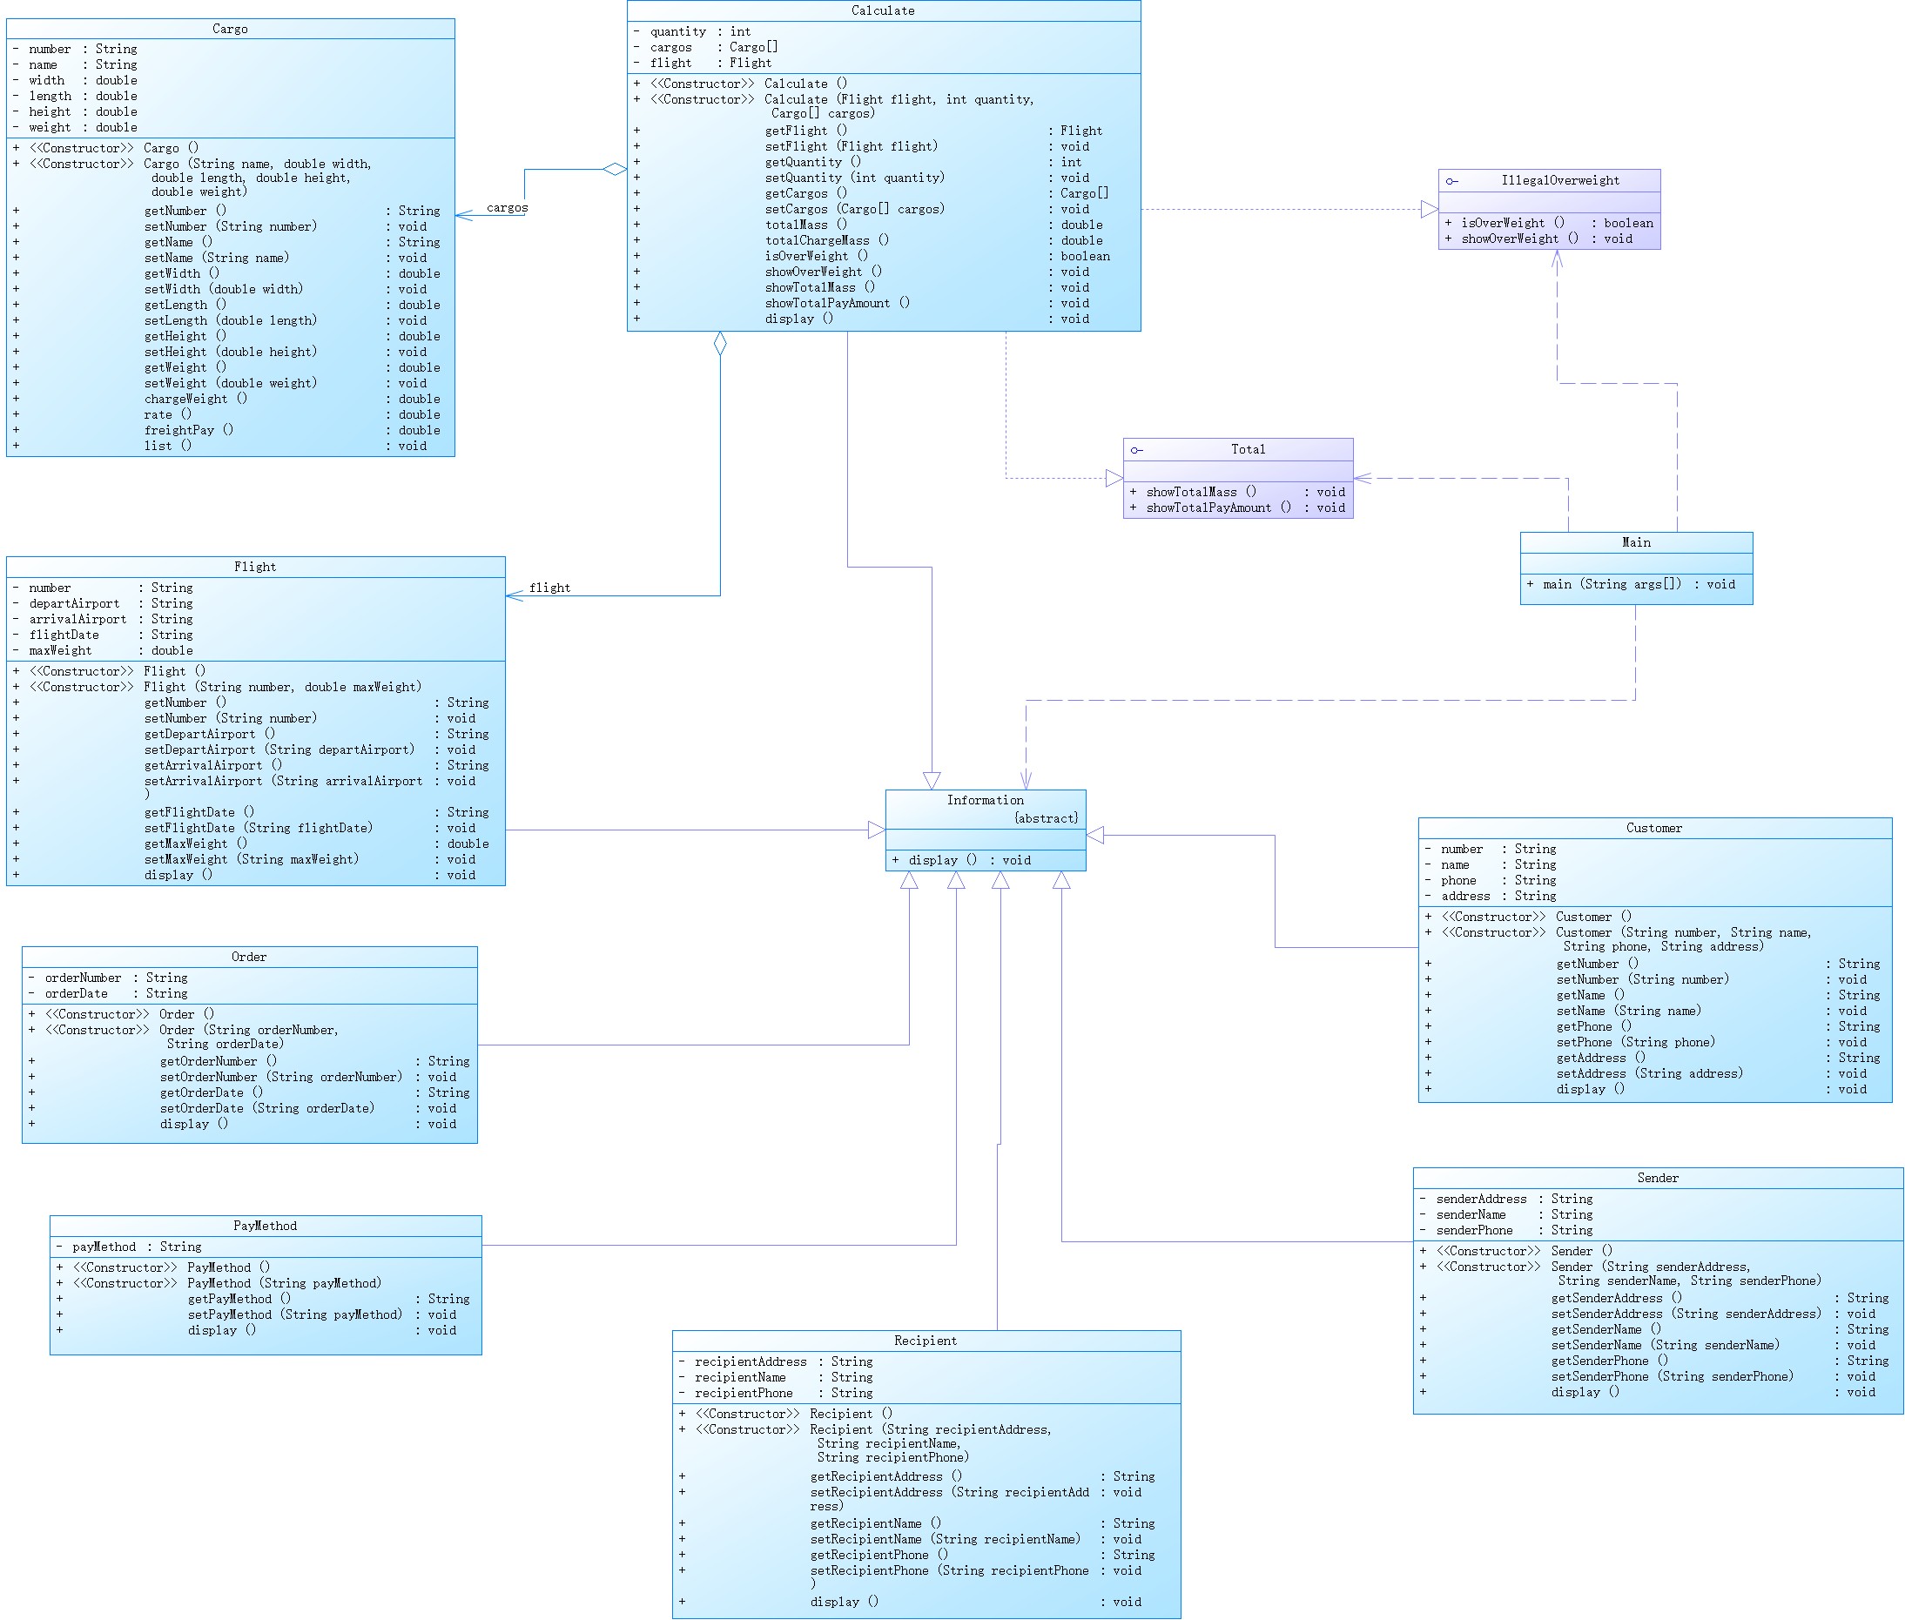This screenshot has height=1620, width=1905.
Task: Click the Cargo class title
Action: tap(230, 30)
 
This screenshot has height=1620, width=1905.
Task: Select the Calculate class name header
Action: tap(882, 11)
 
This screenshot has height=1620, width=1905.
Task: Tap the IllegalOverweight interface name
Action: tap(1559, 181)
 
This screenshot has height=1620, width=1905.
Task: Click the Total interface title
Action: tap(1248, 450)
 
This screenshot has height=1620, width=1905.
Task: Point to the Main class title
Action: tap(1635, 542)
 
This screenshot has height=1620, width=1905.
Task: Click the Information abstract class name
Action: tap(985, 801)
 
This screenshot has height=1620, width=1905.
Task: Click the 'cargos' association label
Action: tap(507, 208)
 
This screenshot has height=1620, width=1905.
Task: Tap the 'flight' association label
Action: tap(549, 588)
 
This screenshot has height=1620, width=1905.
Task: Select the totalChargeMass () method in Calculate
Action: tap(825, 240)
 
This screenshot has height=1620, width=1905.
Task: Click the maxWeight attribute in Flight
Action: tap(61, 651)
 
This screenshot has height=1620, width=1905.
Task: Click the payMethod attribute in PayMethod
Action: tap(104, 1247)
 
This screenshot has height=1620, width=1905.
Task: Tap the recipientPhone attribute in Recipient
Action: tap(743, 1393)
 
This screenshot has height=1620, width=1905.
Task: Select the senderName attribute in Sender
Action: tap(1470, 1215)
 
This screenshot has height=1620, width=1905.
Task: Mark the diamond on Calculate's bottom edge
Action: tap(720, 345)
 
